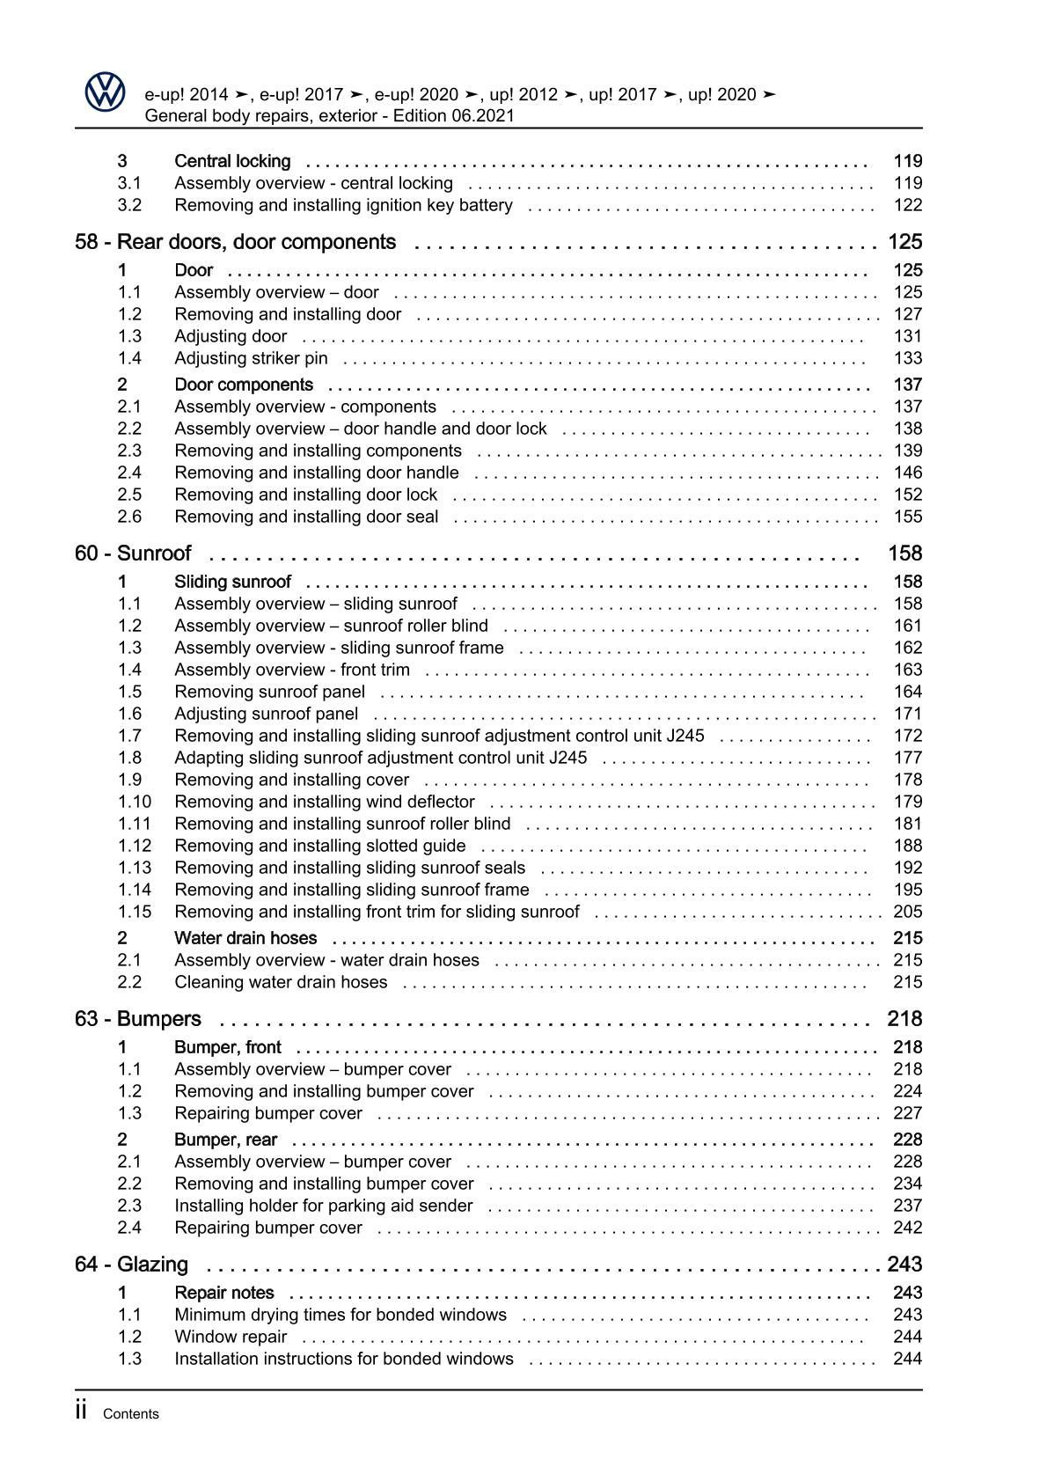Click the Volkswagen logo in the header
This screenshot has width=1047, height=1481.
coord(106,92)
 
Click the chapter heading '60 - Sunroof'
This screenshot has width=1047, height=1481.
coord(133,554)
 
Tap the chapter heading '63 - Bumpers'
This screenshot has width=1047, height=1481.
coord(138,1019)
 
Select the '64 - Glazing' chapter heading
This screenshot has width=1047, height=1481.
coord(132,1265)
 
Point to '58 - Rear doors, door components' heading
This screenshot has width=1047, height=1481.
coord(236,242)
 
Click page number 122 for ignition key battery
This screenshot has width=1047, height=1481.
coord(907,205)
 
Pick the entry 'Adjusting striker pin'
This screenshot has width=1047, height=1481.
coord(251,358)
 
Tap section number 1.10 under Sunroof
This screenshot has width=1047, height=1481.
coord(134,802)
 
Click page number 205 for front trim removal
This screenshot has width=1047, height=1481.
coord(907,912)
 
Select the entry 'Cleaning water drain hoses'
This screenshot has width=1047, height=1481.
coord(281,982)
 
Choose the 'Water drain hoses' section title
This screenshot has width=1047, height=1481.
coord(245,938)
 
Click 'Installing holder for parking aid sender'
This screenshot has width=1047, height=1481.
coord(323,1206)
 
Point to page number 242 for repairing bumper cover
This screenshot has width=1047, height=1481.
coord(907,1228)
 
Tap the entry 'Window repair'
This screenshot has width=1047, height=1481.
coord(231,1337)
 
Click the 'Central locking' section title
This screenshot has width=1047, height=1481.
coord(232,161)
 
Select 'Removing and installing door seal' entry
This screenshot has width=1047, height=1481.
coord(306,517)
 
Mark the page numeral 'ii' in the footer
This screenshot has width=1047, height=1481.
coord(81,1411)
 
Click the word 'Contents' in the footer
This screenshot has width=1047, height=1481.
coord(131,1414)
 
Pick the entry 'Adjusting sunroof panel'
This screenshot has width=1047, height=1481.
coord(266,714)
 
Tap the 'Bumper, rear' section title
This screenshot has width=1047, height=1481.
coord(225,1140)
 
